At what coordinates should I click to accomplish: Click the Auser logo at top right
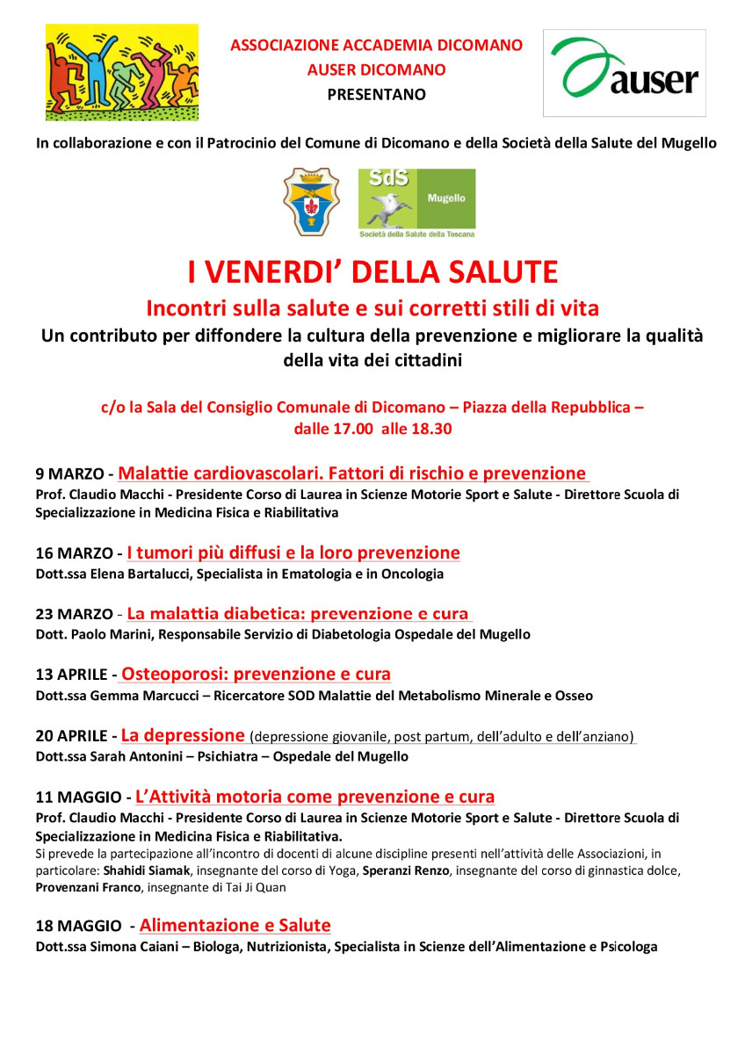pos(624,73)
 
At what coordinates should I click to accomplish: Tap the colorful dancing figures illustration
pos(121,72)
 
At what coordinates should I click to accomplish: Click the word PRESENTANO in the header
pos(376,94)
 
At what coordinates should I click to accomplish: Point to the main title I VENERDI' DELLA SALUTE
pos(372,272)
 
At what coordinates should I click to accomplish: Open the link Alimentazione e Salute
pos(235,925)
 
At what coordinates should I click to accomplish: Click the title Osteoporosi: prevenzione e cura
pos(256,675)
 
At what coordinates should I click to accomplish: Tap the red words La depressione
pos(183,735)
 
